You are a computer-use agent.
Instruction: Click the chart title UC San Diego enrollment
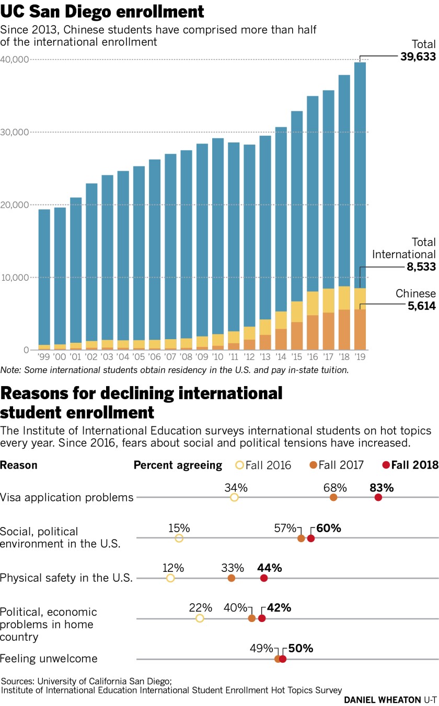102,11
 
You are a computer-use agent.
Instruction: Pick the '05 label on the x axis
138,357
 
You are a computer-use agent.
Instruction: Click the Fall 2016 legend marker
240,465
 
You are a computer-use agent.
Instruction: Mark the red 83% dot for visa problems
378,497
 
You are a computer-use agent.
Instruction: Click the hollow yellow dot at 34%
234,497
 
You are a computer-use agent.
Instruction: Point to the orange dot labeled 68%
333,497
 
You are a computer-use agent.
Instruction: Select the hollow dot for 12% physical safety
170,578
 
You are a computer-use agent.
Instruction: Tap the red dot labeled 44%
264,578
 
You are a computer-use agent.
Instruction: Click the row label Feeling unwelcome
49,659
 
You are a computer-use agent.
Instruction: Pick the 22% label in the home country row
201,607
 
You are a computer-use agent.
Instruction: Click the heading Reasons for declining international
141,392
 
